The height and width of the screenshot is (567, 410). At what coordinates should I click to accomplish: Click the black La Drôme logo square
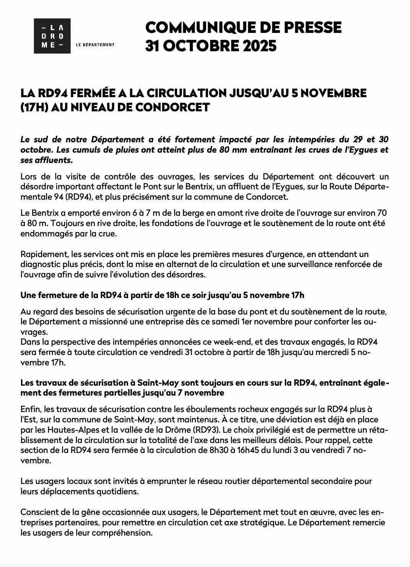[x=52, y=36]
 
